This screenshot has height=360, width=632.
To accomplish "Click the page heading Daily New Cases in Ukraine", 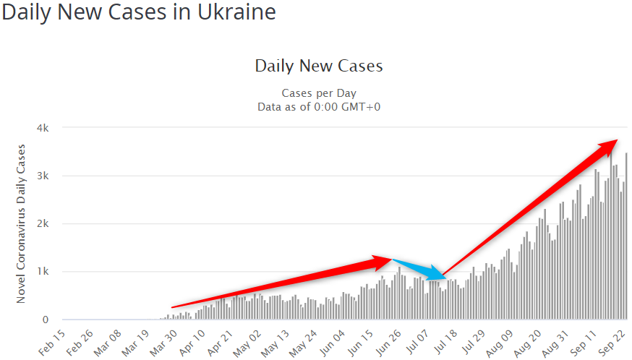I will (x=138, y=13).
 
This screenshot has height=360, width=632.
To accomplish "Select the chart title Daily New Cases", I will (x=318, y=67).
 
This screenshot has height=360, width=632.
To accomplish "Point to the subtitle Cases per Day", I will (x=318, y=93).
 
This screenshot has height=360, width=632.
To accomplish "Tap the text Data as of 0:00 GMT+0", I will (x=318, y=106).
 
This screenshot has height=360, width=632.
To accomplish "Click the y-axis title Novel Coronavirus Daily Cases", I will (x=21, y=223).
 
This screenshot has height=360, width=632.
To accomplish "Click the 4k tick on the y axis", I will (x=43, y=128).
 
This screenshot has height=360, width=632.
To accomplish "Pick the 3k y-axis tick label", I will (x=43, y=176).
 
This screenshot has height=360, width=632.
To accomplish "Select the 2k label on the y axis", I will (x=43, y=223).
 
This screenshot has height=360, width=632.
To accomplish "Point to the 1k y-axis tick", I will (x=43, y=272).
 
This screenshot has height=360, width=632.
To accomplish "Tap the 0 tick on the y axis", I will (x=46, y=320).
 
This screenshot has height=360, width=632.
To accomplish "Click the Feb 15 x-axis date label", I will (x=52, y=341).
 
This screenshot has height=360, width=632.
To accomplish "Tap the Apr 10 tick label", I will (x=193, y=341).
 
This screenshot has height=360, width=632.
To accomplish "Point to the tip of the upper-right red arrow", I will (x=616, y=140).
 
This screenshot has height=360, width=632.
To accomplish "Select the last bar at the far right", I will (x=626, y=236).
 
